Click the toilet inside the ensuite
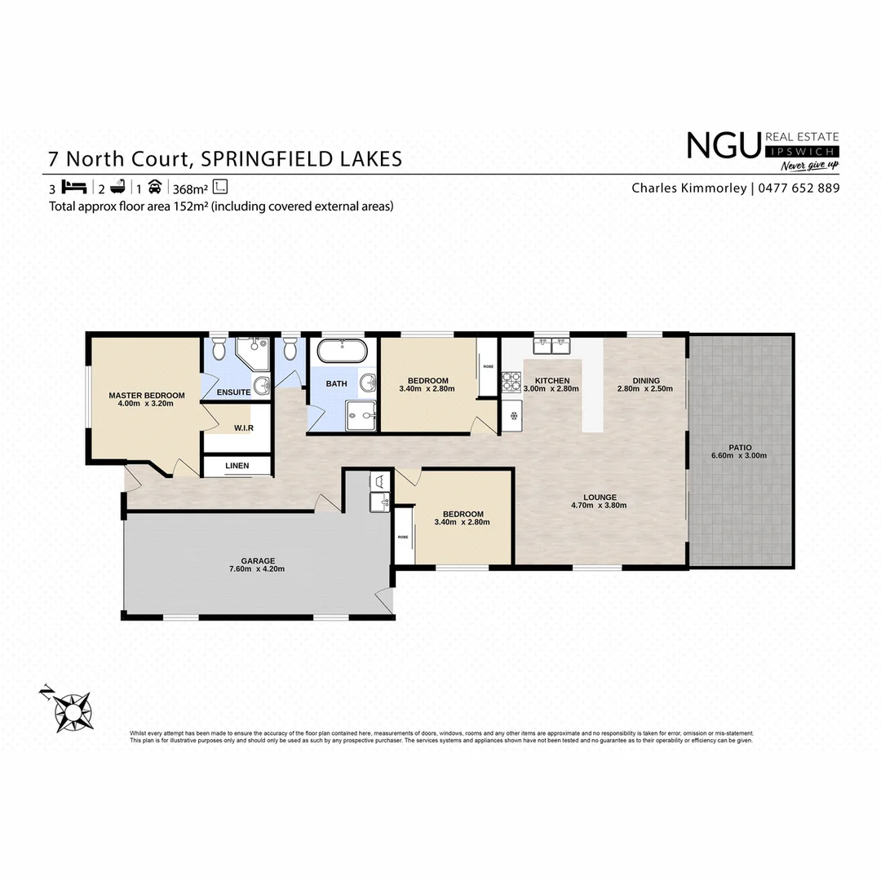pyautogui.click(x=218, y=350)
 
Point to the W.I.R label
pyautogui.click(x=242, y=427)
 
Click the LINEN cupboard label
pyautogui.click(x=237, y=466)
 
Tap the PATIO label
pyautogui.click(x=742, y=447)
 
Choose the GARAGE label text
pyautogui.click(x=257, y=561)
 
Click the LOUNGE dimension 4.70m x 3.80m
pyautogui.click(x=599, y=506)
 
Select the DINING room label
pyautogui.click(x=644, y=380)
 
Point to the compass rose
pyautogui.click(x=71, y=707)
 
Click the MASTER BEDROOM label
pyautogui.click(x=147, y=396)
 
